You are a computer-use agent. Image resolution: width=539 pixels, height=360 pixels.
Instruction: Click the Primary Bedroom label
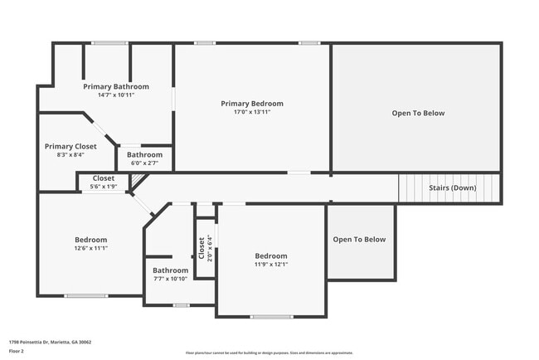251,104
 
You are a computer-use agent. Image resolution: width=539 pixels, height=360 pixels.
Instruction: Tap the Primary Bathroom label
116,86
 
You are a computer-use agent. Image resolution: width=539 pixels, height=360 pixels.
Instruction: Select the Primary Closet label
70,146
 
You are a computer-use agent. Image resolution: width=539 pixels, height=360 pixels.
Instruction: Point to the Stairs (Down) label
452,187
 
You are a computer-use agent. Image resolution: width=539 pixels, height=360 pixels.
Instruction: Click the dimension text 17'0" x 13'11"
251,112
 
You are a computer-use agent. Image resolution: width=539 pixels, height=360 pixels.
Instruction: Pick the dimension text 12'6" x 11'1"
91,248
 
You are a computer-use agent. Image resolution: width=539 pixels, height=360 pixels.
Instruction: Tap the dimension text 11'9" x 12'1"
270,265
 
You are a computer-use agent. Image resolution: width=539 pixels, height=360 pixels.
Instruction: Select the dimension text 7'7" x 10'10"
170,279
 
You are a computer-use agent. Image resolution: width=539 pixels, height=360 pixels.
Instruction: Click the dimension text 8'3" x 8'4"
70,154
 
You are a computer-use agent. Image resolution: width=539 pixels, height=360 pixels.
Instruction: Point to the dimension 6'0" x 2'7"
144,163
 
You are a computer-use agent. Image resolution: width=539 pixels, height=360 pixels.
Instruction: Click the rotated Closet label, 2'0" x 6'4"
202,247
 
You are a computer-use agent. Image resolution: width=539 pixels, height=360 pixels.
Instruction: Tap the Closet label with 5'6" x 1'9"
104,178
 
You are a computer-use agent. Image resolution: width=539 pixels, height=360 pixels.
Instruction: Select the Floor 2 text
17,351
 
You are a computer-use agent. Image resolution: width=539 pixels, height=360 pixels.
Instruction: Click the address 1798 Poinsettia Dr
50,342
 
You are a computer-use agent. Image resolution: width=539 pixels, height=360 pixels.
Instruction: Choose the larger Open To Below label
418,113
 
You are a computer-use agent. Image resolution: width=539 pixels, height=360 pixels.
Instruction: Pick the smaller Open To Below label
359,240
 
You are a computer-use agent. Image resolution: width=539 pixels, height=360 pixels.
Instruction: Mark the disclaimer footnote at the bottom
269,353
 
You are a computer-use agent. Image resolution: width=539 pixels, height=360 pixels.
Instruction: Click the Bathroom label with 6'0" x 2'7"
144,154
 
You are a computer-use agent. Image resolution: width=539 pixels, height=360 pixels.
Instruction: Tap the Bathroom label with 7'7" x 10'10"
170,270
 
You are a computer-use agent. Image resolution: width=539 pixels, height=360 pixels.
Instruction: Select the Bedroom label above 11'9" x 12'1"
270,256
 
